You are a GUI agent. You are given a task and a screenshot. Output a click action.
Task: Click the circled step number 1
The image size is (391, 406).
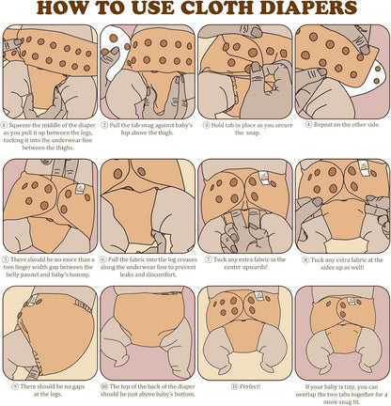4,125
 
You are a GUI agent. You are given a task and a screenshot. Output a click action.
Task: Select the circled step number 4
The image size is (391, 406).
308,125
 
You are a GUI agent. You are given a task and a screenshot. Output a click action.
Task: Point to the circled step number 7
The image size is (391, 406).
208,259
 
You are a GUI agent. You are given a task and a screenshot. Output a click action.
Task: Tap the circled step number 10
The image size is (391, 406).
104,387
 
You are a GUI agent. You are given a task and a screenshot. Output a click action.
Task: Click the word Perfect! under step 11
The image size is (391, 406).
250,387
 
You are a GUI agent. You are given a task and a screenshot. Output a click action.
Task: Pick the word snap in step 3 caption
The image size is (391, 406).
253,133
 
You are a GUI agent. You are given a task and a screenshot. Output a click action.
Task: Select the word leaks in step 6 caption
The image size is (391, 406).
128,274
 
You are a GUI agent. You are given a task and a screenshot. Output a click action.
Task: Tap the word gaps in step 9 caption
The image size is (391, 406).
78,387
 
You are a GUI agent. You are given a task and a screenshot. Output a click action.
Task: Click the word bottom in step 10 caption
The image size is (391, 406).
184,395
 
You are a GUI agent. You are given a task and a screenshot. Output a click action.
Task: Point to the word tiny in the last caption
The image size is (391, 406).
347,387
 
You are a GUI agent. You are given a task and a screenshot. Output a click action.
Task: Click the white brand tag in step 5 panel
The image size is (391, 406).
80,189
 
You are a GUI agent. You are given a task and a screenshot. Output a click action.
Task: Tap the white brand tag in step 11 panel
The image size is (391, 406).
258,296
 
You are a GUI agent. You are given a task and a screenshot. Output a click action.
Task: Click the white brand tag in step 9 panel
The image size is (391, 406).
32,300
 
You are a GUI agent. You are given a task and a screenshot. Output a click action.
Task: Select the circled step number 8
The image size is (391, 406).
305,260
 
